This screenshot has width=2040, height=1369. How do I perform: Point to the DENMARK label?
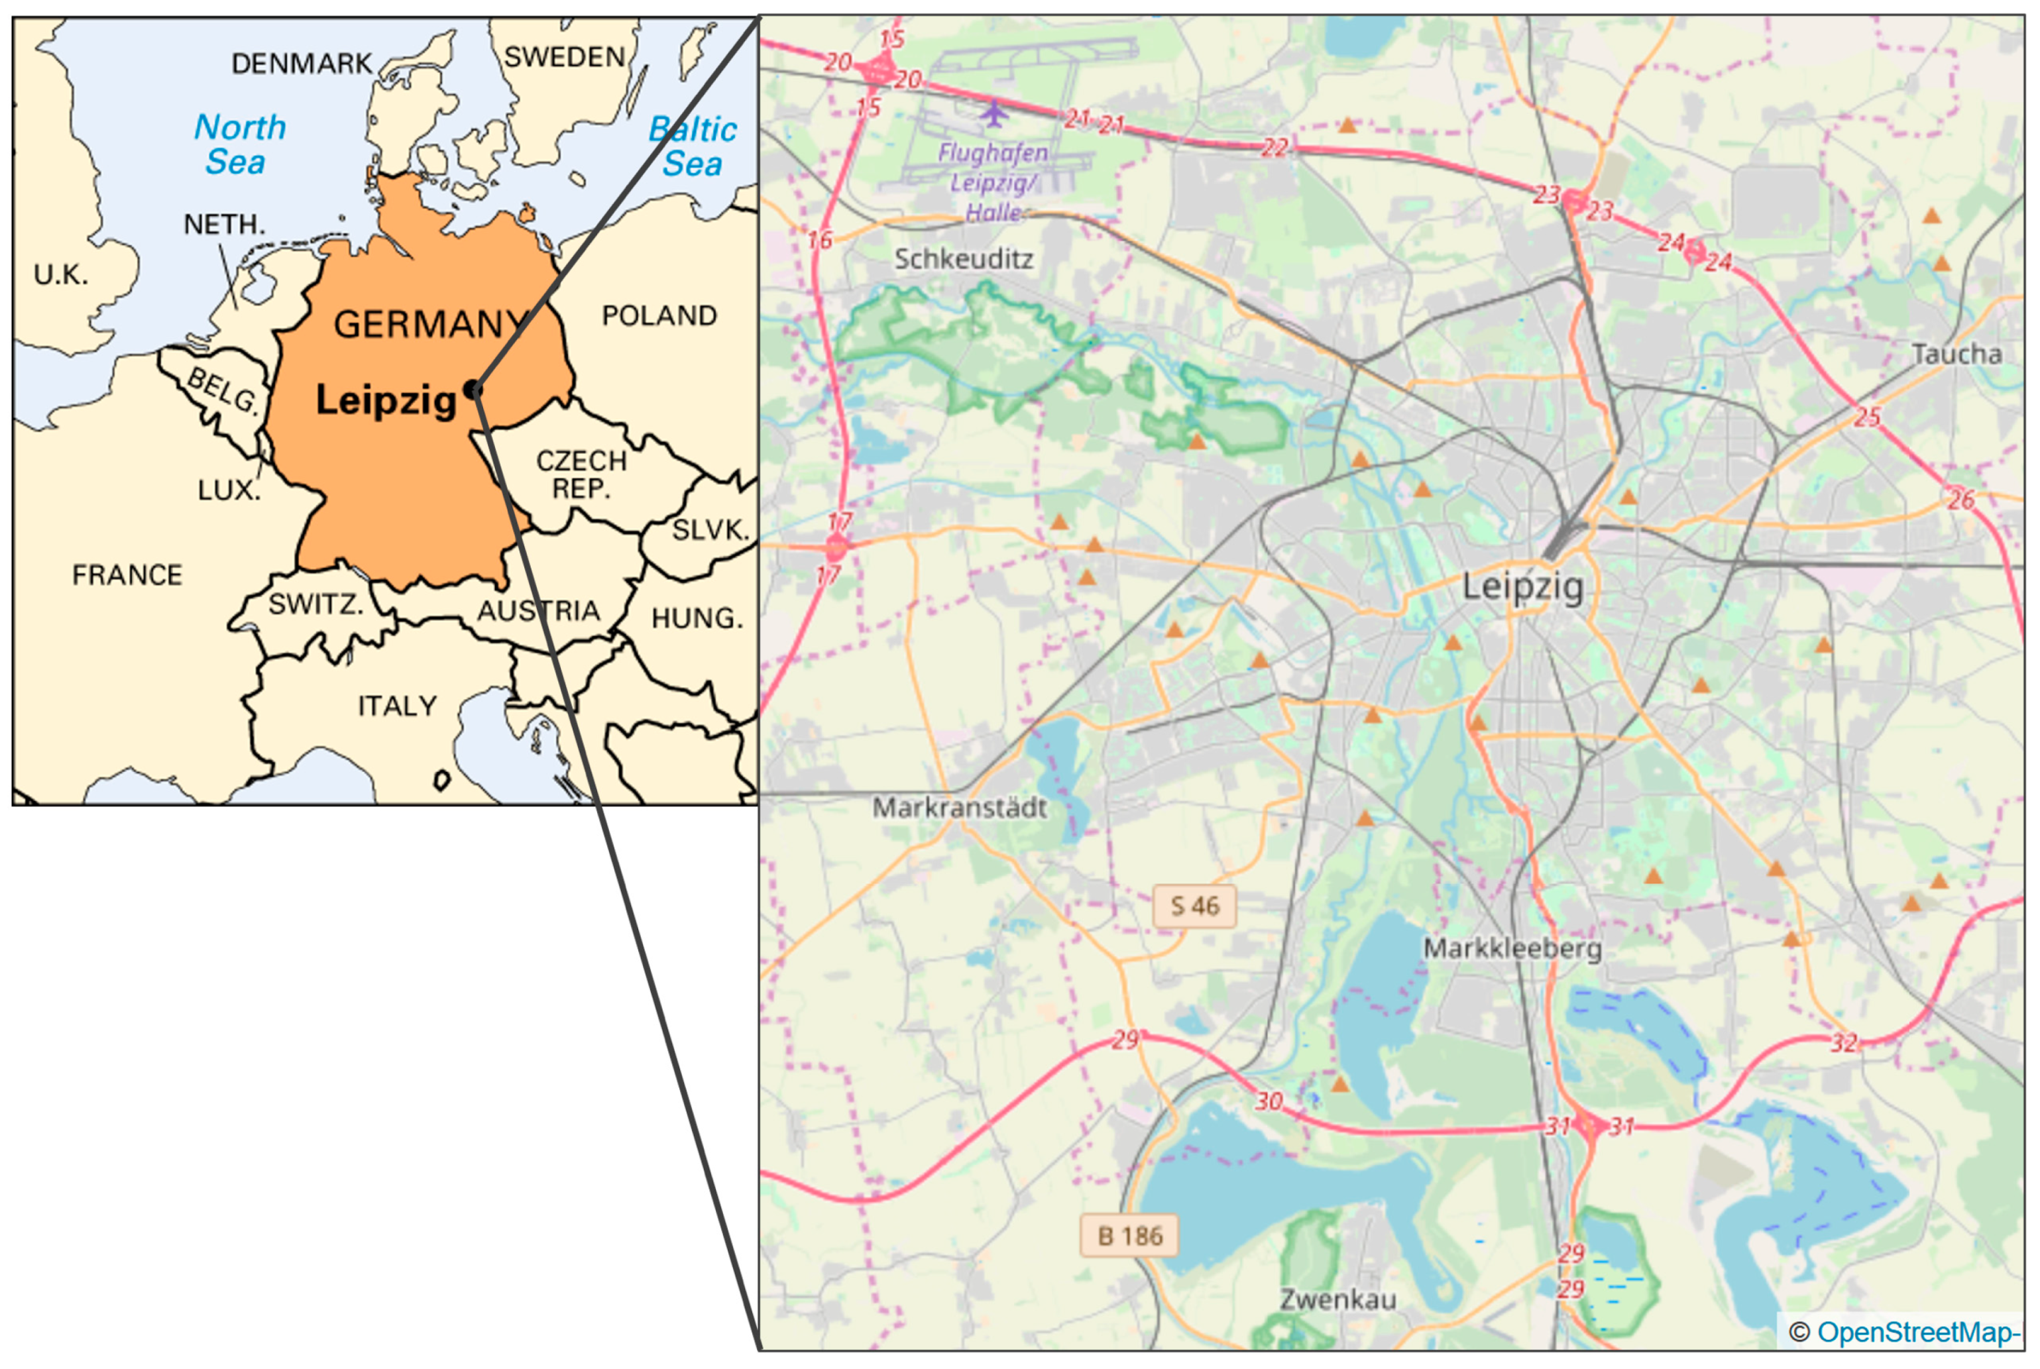pos(302,64)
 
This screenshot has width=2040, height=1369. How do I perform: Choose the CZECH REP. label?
pos(581,474)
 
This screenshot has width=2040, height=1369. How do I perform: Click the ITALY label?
pos(398,706)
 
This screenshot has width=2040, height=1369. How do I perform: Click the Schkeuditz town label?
pos(963,259)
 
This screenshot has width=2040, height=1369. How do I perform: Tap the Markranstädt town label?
pos(959,808)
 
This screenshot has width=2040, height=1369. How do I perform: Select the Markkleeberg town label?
pos(1512,948)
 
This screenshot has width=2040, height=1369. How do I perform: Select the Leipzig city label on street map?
pos(1522,586)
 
